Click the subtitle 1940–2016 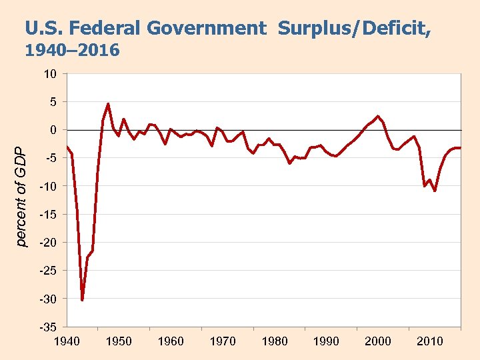point(72,51)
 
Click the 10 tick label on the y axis point(50,73)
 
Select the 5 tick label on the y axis point(53,102)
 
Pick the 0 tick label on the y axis point(53,130)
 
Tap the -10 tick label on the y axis point(48,186)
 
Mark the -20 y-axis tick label point(48,243)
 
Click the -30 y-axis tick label point(48,299)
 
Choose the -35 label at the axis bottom point(48,327)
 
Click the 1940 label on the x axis point(67,341)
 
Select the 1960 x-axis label point(171,341)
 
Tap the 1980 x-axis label point(275,341)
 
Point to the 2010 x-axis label point(430,341)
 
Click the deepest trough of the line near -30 point(82,300)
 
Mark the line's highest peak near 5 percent point(108,104)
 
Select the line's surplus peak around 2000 point(378,116)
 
